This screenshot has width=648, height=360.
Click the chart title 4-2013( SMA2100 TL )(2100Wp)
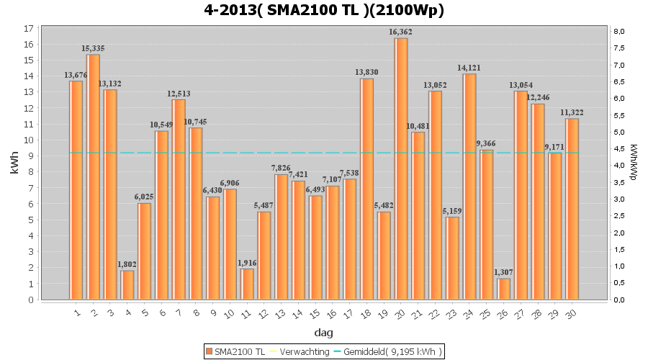[324, 10]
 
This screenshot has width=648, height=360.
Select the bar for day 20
[401, 168]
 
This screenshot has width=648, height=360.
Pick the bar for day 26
[504, 289]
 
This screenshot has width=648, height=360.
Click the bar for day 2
[93, 176]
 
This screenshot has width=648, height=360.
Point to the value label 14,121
[469, 68]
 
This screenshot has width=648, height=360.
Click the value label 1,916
[247, 263]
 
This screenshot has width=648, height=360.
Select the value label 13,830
[366, 73]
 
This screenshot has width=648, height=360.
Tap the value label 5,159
[452, 211]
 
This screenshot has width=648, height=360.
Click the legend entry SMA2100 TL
[233, 351]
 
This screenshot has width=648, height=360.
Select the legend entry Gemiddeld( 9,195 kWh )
[392, 351]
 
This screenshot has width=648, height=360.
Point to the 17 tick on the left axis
[28, 29]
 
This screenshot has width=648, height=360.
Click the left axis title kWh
[14, 164]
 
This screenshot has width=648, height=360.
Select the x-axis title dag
[323, 333]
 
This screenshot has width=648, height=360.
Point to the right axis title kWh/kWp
[633, 164]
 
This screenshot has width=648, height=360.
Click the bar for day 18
[366, 189]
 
